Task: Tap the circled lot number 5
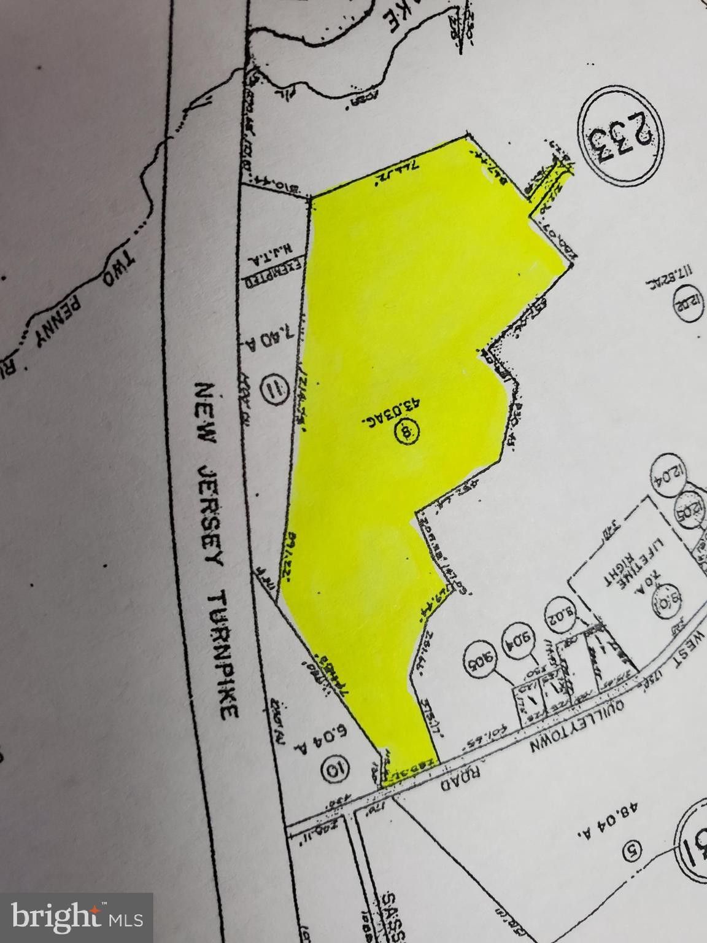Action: (x=630, y=850)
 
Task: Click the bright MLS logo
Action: (x=77, y=918)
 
